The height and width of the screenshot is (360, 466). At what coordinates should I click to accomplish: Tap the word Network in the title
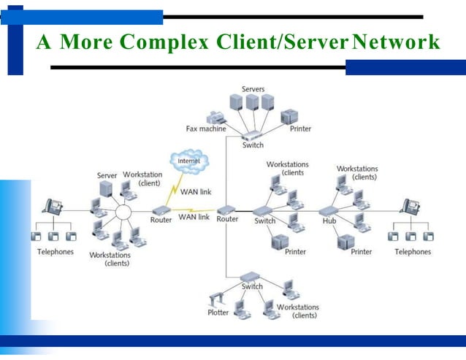click(395, 43)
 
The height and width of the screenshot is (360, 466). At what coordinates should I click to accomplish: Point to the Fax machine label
click(207, 129)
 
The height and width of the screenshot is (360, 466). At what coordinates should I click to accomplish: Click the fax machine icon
click(217, 116)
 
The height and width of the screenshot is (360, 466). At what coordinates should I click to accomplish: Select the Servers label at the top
click(253, 89)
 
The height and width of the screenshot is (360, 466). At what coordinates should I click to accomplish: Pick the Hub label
click(328, 221)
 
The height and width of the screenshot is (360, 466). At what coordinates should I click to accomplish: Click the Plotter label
click(218, 313)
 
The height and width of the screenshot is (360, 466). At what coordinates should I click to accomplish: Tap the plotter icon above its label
click(218, 298)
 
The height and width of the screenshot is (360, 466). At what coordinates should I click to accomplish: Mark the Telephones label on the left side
click(56, 252)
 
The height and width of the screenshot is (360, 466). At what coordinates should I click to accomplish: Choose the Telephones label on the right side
click(413, 252)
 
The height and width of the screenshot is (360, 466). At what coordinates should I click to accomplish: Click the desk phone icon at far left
click(53, 207)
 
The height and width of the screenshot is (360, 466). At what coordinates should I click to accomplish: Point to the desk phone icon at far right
click(410, 207)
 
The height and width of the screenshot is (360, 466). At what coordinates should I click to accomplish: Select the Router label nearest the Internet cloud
click(161, 219)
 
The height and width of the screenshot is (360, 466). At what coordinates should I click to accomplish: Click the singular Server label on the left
click(107, 176)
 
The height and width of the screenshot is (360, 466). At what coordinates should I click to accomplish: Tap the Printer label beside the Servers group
click(300, 129)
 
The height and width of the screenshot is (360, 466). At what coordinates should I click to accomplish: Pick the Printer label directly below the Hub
click(361, 252)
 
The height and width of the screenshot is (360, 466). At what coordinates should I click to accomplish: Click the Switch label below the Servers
click(253, 145)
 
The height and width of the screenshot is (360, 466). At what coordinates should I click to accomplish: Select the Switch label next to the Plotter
click(252, 286)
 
